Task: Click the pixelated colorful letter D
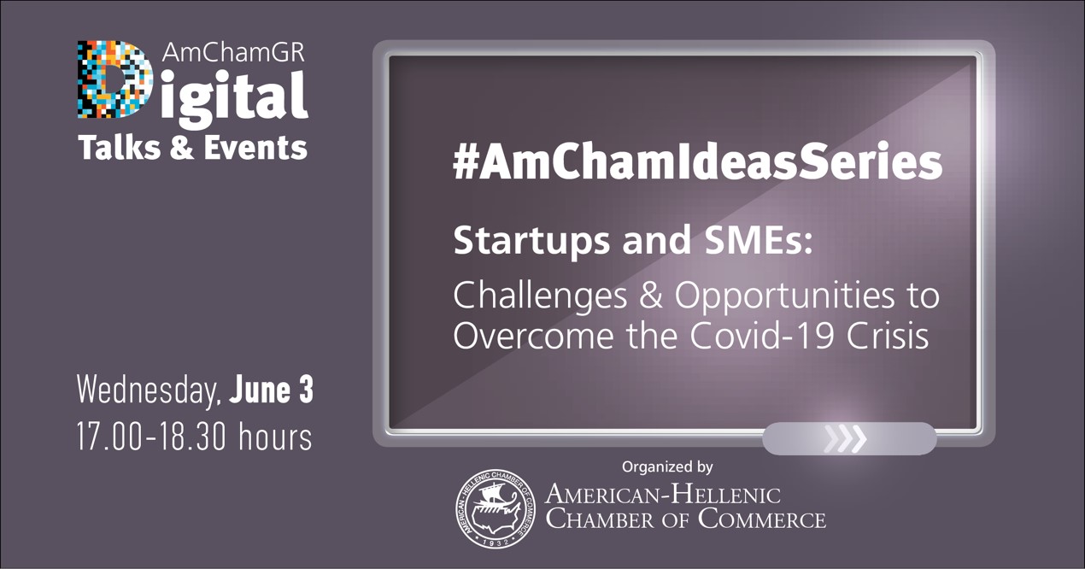pyautogui.click(x=114, y=79)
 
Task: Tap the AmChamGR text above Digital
pyautogui.click(x=233, y=53)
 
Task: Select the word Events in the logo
pyautogui.click(x=255, y=147)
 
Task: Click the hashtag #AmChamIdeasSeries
pyautogui.click(x=697, y=161)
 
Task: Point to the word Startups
pyautogui.click(x=531, y=240)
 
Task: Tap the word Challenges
pyautogui.click(x=540, y=296)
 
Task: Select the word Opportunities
pyautogui.click(x=784, y=296)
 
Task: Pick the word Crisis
pyautogui.click(x=888, y=335)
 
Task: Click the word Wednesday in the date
pyautogui.click(x=149, y=390)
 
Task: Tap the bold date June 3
pyautogui.click(x=272, y=390)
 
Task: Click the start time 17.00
pyautogui.click(x=110, y=437)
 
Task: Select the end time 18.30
pyautogui.click(x=191, y=437)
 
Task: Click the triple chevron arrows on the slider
pyautogui.click(x=845, y=439)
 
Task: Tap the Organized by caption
pyautogui.click(x=667, y=466)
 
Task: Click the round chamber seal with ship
pyautogui.click(x=496, y=509)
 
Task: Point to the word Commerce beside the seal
pyautogui.click(x=761, y=519)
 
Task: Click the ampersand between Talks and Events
pyautogui.click(x=182, y=147)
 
